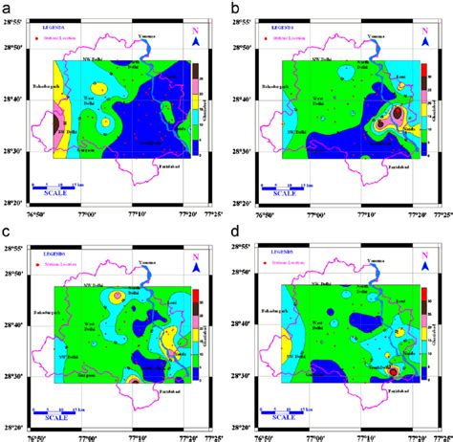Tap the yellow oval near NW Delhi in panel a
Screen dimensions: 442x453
(x=103, y=122)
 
